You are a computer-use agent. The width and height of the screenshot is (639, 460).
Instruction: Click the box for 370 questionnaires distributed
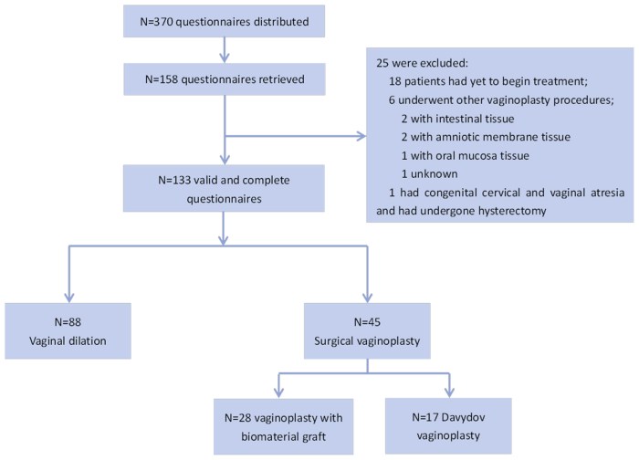click(225, 21)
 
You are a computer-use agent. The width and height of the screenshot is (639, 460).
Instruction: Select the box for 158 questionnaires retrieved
click(225, 79)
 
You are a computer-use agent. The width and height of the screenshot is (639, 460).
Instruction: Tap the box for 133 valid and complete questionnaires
click(224, 188)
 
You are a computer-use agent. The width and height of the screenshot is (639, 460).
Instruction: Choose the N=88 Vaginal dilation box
click(68, 330)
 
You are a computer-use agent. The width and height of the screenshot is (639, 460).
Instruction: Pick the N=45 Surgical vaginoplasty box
click(367, 330)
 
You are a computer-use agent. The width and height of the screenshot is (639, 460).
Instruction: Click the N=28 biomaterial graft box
click(284, 426)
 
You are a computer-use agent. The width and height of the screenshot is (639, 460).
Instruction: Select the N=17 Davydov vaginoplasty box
click(448, 426)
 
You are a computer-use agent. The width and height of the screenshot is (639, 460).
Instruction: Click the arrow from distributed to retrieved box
click(225, 50)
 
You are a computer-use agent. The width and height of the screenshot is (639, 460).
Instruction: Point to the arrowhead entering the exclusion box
click(361, 136)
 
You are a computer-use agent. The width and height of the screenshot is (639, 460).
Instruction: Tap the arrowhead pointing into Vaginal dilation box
click(69, 298)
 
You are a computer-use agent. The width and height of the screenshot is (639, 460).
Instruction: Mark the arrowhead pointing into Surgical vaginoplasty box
click(367, 298)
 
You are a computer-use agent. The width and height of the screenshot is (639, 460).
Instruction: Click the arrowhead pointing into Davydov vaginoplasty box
click(449, 392)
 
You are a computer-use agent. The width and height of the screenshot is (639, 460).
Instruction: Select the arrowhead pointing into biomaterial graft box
click(278, 392)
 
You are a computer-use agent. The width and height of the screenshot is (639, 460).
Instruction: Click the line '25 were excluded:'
click(422, 63)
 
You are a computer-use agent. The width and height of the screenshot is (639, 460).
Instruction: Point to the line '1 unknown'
click(430, 174)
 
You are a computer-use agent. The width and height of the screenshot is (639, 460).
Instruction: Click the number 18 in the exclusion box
click(395, 81)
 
